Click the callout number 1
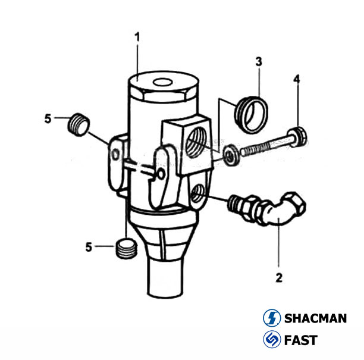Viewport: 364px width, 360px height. [137, 37]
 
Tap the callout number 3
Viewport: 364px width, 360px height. [259, 62]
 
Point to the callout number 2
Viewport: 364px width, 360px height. [278, 277]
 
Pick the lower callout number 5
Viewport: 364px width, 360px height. [89, 246]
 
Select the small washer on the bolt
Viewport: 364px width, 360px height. [231, 154]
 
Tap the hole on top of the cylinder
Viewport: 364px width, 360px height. [162, 82]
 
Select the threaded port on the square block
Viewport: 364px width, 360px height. [194, 142]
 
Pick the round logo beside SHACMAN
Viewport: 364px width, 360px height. [271, 318]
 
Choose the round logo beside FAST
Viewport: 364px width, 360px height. [271, 340]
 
